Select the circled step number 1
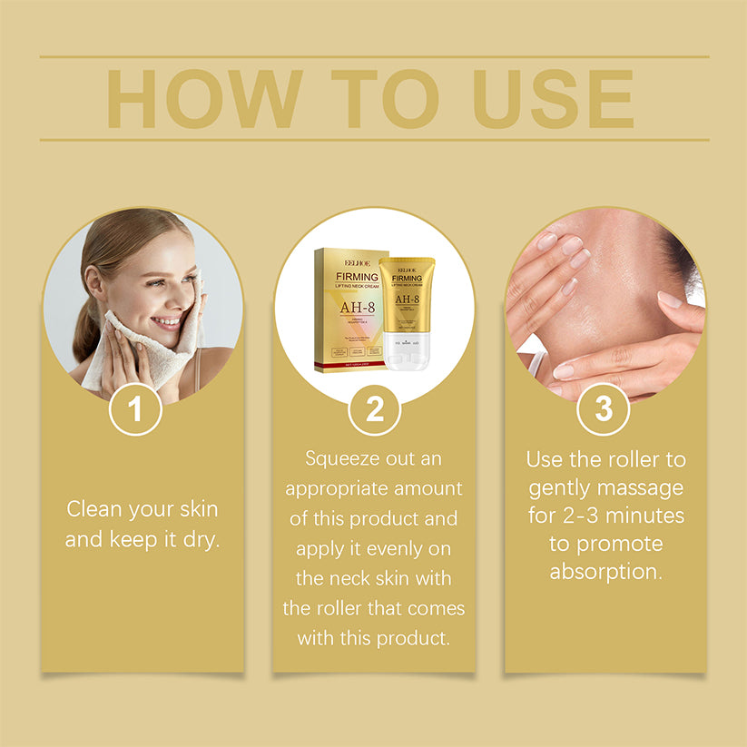(x=135, y=409)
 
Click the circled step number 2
(x=374, y=409)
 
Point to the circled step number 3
(x=604, y=409)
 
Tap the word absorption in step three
(x=605, y=573)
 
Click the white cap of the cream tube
(x=407, y=355)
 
